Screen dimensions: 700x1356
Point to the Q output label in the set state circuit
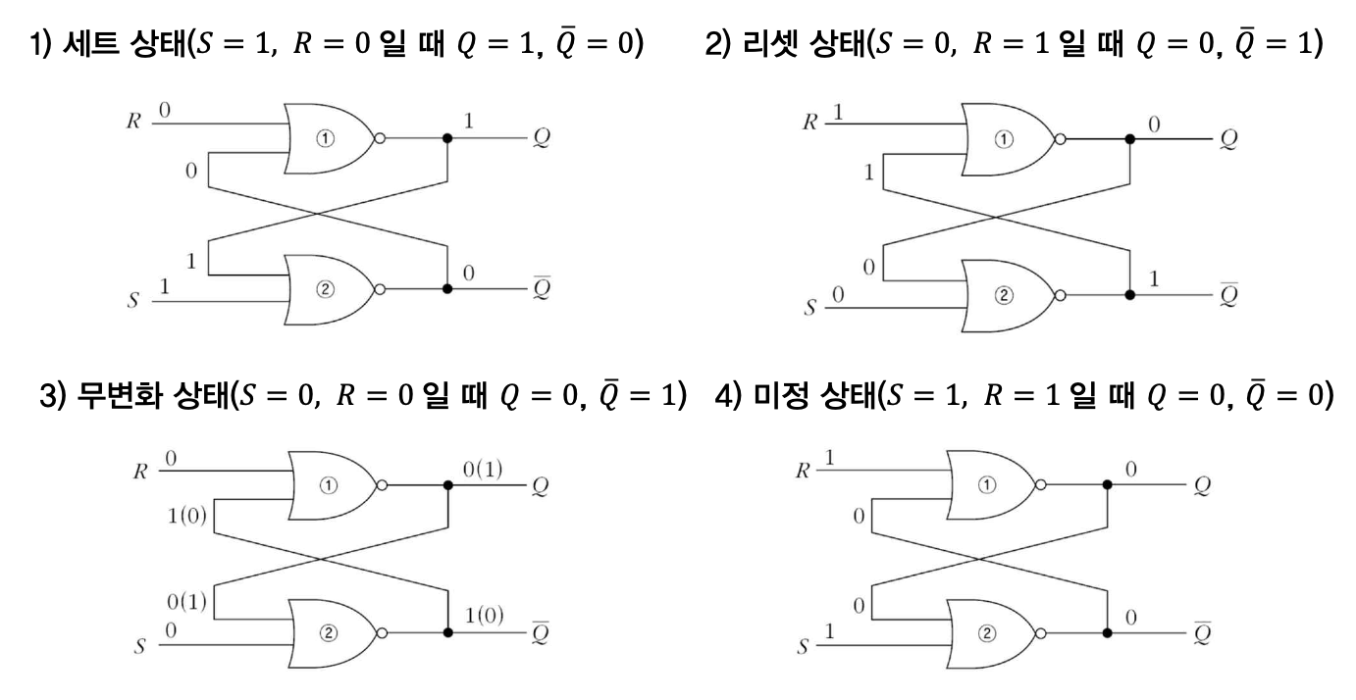pos(542,138)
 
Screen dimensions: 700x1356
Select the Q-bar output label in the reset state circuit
pos(1228,294)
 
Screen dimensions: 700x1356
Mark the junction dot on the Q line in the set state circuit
pos(448,138)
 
